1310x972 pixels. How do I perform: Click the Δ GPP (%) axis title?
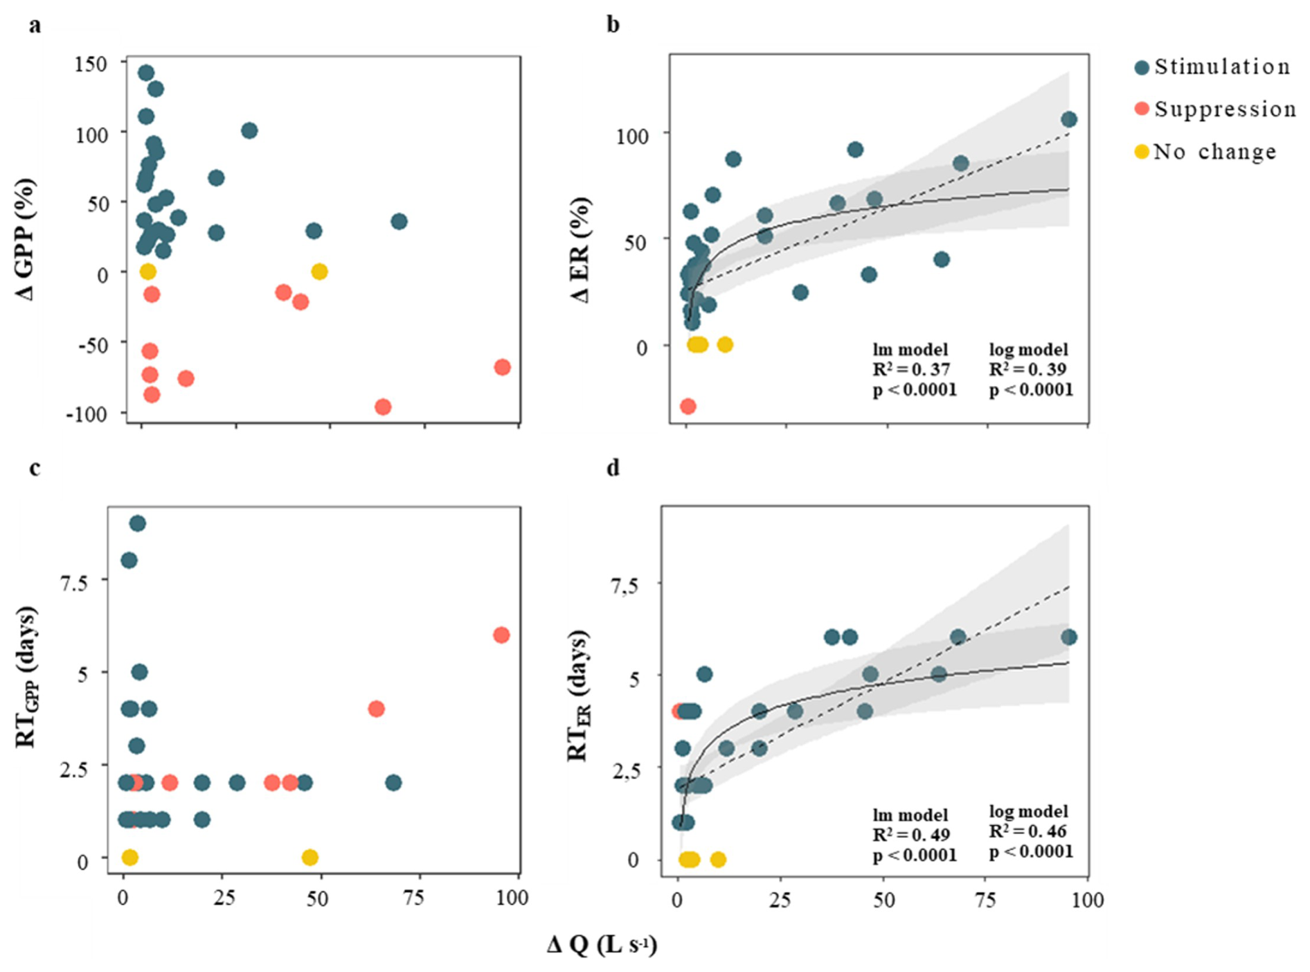(x=25, y=239)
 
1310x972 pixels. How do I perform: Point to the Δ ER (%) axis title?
(x=580, y=249)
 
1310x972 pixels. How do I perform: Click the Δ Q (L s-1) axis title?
(x=601, y=944)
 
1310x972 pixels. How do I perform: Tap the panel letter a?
(x=35, y=26)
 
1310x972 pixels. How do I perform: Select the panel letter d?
(x=613, y=468)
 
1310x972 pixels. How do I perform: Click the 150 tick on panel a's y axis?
(x=91, y=64)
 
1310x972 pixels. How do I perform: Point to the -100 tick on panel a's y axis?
(x=87, y=414)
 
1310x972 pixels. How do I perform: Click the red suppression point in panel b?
(x=688, y=406)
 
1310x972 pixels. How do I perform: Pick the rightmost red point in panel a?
(x=503, y=367)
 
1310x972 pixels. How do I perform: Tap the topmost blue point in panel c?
(x=137, y=523)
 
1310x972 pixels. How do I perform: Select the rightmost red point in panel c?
(x=501, y=635)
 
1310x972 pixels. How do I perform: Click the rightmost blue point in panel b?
(x=1069, y=119)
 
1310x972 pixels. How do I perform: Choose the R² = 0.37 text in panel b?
(x=911, y=369)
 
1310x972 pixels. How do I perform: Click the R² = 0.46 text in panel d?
(x=1028, y=831)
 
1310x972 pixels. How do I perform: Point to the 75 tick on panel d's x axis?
(x=985, y=900)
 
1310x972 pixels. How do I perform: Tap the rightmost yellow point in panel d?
(x=718, y=860)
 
